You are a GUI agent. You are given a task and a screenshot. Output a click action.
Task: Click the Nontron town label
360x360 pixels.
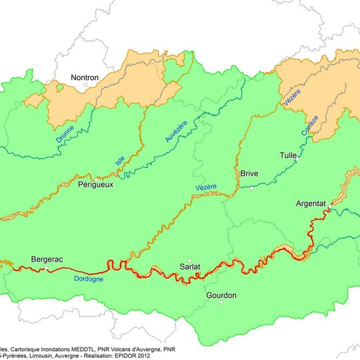click(84, 78)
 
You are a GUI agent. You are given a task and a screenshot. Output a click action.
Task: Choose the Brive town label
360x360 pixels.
click(249, 173)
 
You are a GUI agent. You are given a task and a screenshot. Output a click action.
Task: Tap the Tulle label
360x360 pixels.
click(288, 155)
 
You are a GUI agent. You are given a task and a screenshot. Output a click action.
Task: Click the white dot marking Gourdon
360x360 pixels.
click(221, 303)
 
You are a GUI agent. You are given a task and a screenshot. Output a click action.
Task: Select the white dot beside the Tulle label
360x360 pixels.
click(297, 160)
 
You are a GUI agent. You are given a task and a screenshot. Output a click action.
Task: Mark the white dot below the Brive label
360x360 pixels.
click(252, 188)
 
